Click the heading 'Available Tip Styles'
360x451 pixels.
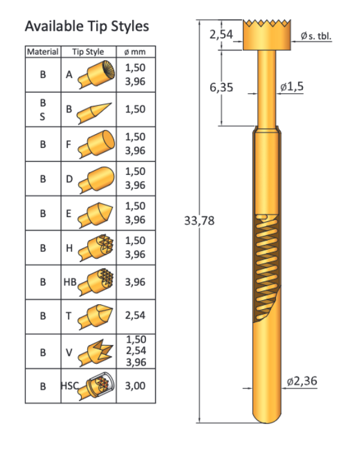coord(87,26)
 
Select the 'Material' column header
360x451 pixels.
coord(43,52)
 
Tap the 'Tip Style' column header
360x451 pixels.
coord(88,52)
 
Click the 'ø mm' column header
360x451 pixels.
coord(135,52)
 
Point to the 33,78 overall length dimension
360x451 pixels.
coord(199,221)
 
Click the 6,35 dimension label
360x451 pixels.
coord(222,88)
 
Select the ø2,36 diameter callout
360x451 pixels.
coord(303,381)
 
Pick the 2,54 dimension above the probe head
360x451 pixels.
coord(221,35)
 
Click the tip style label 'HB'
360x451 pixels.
coord(70,281)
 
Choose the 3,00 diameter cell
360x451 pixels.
coord(135,385)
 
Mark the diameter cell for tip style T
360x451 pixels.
coord(135,315)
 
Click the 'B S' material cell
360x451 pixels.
coord(43,109)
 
